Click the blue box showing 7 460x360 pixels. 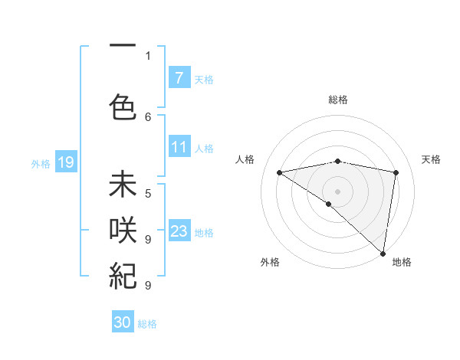[179, 77]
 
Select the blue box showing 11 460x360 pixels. [179, 147]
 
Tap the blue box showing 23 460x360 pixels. [179, 231]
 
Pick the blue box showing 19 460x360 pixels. [65, 162]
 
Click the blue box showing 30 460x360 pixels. [123, 322]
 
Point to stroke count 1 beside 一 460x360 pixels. [148, 55]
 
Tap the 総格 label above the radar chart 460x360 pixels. [338, 100]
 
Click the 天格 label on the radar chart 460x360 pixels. [431, 159]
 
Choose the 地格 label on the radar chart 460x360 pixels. [402, 262]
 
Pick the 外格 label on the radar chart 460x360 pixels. [270, 262]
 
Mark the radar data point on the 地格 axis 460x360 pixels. [383, 252]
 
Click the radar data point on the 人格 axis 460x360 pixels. [279, 172]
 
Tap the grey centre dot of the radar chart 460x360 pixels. [337, 190]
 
